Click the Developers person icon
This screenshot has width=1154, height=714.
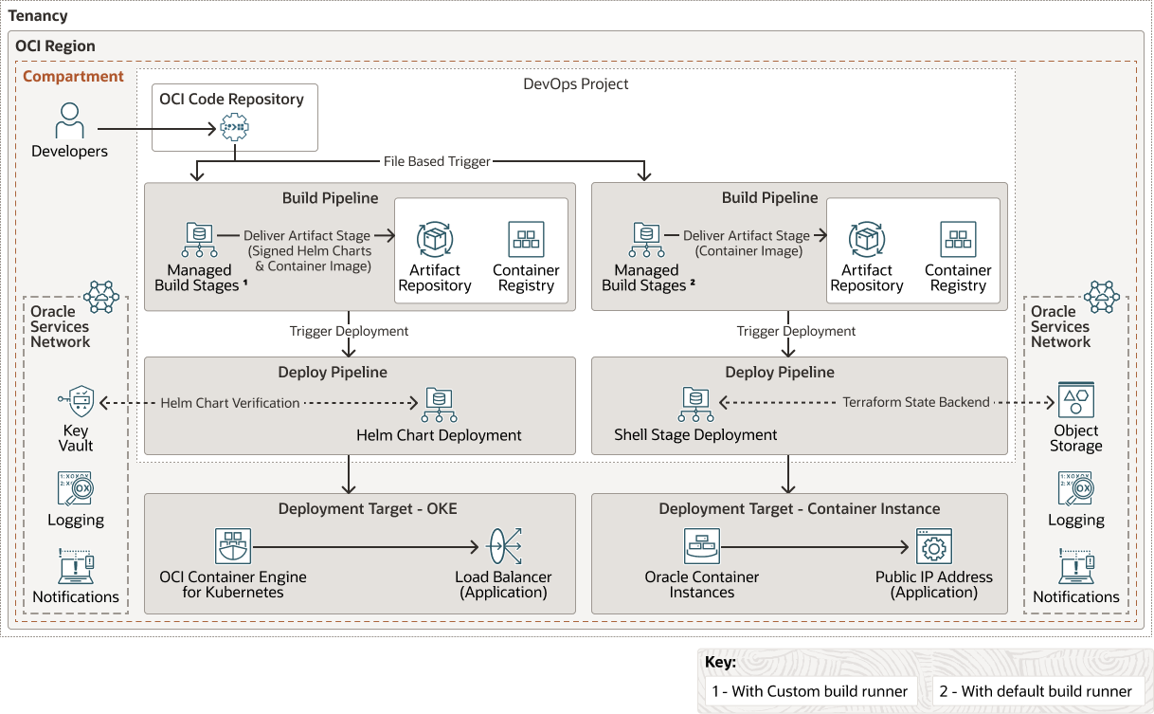69,121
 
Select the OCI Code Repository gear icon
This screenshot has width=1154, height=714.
233,126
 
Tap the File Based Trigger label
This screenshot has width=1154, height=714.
437,161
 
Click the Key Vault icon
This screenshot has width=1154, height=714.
76,403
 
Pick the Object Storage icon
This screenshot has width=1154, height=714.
1076,402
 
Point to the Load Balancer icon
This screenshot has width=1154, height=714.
504,547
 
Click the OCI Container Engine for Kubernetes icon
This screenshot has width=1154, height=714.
233,547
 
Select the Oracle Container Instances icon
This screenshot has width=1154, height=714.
702,547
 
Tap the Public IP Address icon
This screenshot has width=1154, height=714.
933,547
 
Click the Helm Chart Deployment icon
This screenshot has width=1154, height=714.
439,404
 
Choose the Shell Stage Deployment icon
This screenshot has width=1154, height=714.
695,404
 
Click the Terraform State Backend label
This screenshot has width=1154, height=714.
916,403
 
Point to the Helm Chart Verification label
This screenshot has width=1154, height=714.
230,403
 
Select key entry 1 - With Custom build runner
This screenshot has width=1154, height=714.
811,691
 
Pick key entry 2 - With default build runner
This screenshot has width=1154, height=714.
1036,691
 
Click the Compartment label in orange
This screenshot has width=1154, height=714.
73,77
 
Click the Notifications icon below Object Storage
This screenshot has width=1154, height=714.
1076,566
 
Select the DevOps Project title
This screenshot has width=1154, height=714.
576,83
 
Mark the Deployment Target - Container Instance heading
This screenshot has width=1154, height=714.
799,509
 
